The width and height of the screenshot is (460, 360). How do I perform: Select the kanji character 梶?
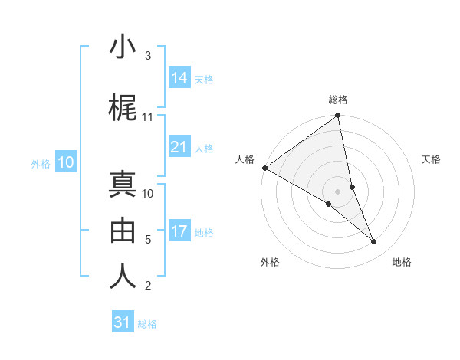pos(123,109)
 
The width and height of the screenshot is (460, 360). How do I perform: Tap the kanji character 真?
pos(123,185)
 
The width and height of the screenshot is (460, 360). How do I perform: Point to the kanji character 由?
pos(123,228)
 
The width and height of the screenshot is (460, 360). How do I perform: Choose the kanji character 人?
pos(123,274)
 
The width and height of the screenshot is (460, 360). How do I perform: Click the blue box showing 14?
pos(179,78)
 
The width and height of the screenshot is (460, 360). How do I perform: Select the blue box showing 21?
pos(179,148)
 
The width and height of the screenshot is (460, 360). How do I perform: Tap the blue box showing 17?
pos(179,232)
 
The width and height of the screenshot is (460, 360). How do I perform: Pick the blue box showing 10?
pos(66,162)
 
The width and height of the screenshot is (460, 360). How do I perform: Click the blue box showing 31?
pos(123,323)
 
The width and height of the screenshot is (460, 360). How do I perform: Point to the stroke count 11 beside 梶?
pos(148,117)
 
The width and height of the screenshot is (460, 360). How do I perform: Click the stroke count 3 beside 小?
pos(148,56)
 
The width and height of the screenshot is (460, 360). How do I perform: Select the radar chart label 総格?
pos(338,100)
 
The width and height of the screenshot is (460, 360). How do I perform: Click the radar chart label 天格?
pos(432,159)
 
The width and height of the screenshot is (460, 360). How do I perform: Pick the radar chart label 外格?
pos(270,262)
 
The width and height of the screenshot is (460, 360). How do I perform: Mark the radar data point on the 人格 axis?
pos(264,168)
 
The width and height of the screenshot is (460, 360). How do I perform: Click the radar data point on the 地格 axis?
pos(374,242)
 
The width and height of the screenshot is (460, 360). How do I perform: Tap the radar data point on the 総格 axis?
pos(338,116)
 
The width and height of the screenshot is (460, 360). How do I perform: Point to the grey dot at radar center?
pos(338,191)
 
